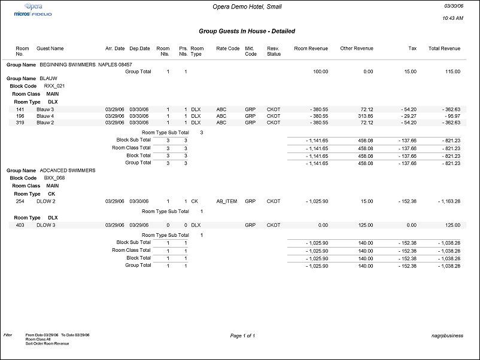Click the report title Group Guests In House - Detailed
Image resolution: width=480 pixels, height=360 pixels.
tap(247, 31)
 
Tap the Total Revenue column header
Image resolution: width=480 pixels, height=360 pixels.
tap(444, 48)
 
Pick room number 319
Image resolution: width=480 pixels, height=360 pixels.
tap(20, 123)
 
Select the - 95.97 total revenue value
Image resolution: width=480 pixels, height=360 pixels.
tap(449, 116)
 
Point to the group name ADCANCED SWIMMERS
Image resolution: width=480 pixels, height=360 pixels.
tap(67, 170)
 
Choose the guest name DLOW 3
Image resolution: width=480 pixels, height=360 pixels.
tap(45, 225)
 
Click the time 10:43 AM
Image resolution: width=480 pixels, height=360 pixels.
tap(452, 19)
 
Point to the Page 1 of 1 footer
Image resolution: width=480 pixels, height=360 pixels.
tap(242, 336)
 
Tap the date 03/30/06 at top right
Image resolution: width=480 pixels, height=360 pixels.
tap(454, 7)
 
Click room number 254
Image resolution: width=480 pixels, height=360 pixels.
tap(20, 202)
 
